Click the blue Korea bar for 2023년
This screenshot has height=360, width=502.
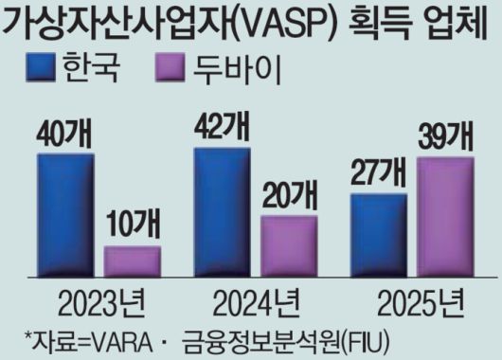coord(65,213)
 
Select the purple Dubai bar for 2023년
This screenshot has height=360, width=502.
coord(132,261)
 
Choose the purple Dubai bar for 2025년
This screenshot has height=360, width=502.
coord(444,216)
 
